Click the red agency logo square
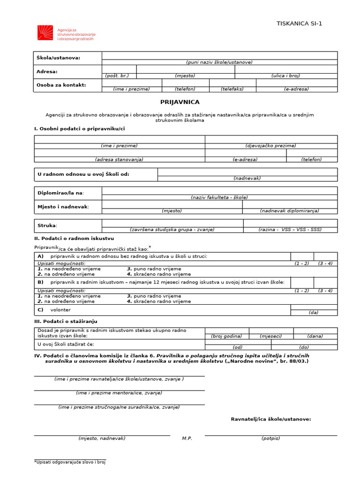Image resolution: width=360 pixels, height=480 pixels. click(45, 32)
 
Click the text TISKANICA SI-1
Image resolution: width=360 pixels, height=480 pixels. click(300, 24)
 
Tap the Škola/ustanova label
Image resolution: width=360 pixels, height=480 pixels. click(59, 58)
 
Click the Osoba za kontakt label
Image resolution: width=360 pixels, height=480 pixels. click(61, 85)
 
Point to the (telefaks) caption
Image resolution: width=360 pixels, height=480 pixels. click(232, 89)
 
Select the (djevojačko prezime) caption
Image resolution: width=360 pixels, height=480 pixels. click(270, 146)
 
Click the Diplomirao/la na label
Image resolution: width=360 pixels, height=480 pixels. click(61, 193)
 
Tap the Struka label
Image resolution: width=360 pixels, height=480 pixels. click(47, 225)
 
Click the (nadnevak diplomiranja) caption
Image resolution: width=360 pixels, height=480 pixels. click(289, 211)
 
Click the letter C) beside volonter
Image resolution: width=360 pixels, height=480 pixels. click(41, 309)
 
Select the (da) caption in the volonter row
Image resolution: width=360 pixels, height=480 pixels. click(313, 312)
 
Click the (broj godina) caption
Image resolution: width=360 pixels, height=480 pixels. click(226, 336)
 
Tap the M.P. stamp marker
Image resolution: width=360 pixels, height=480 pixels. click(187, 438)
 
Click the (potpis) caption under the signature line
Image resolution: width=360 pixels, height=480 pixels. click(270, 438)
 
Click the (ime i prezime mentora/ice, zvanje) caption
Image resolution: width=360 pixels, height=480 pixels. click(119, 393)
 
